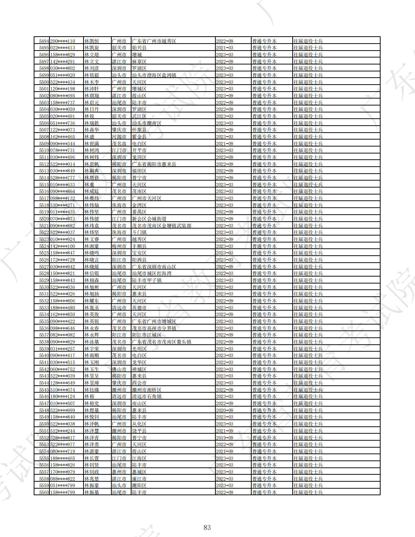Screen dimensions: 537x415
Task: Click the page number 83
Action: [207, 527]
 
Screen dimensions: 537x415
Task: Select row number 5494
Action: [44, 41]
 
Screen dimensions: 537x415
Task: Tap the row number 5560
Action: [44, 492]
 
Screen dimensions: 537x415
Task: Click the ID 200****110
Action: [62, 41]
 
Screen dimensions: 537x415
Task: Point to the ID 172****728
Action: [62, 260]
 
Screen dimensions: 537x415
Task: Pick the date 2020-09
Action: [225, 410]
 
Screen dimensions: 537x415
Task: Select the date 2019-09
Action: [225, 438]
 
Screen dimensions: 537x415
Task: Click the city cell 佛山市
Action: [119, 369]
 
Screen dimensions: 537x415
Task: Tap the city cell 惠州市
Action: [119, 472]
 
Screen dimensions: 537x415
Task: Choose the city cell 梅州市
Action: [119, 246]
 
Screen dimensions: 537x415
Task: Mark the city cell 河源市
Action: [119, 137]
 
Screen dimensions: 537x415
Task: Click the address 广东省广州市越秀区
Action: [154, 41]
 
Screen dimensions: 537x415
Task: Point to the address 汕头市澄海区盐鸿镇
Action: [154, 75]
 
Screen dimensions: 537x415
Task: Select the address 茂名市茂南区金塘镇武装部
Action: [162, 226]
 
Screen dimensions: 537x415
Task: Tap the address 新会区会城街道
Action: [149, 219]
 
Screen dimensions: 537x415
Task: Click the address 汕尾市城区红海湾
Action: [152, 273]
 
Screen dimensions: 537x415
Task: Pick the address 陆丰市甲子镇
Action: [147, 280]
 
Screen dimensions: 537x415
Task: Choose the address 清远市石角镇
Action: [147, 396]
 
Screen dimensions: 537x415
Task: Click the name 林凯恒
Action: [92, 41]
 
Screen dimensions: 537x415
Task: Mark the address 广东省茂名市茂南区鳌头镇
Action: [162, 342]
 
